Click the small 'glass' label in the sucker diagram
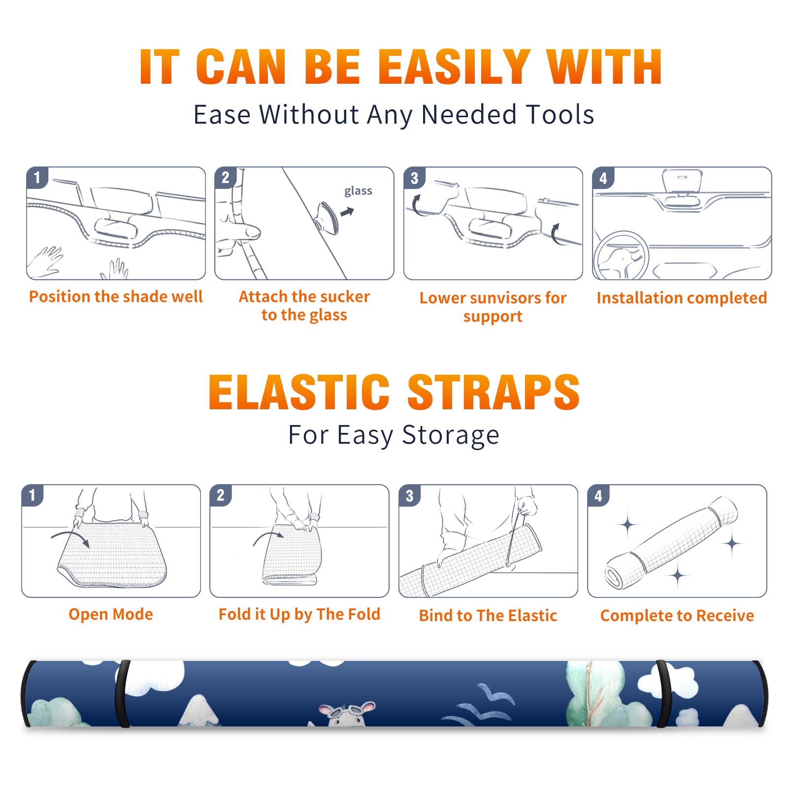[358, 191]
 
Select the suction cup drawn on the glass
[328, 217]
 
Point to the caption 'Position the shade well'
[116, 296]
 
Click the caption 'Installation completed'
[682, 298]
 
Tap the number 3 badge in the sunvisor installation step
[414, 178]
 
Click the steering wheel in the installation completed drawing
[622, 256]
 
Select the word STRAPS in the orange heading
[493, 392]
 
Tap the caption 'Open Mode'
[111, 614]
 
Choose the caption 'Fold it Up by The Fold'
[299, 614]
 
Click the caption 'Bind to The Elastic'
[488, 616]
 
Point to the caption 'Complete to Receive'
[677, 616]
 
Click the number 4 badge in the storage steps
[598, 495]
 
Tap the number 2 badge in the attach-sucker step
[226, 178]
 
